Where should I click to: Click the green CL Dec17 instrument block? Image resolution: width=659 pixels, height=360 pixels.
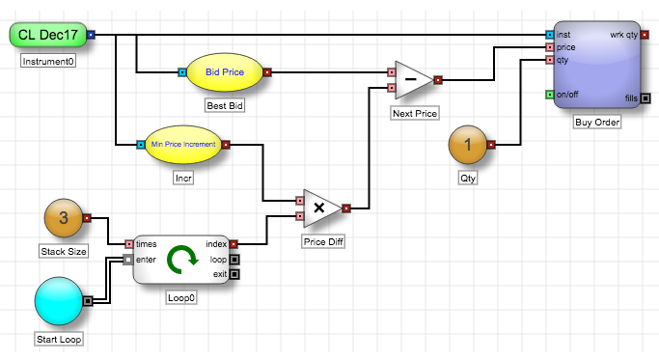(48, 35)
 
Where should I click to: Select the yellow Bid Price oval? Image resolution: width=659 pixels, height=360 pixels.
(225, 72)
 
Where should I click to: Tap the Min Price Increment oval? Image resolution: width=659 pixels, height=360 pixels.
(183, 144)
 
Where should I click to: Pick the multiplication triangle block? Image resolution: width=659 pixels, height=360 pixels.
(322, 208)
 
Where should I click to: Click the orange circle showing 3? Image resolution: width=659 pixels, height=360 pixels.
(64, 218)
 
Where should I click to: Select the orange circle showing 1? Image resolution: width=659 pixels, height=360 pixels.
(468, 145)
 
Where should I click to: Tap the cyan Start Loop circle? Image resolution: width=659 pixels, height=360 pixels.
(59, 301)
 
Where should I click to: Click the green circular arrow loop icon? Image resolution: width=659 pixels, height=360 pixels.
(182, 260)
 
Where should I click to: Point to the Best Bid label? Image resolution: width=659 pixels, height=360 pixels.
(225, 105)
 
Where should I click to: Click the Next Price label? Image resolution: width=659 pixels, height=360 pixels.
(415, 114)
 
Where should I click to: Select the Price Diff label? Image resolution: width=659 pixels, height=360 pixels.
(323, 242)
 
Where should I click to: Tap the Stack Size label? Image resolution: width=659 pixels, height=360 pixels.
(64, 252)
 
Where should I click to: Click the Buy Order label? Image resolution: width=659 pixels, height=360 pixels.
(597, 123)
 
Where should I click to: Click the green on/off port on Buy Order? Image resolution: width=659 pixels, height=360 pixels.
(550, 95)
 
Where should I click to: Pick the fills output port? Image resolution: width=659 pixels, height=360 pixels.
(645, 98)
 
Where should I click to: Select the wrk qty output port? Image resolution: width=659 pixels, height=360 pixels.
(645, 35)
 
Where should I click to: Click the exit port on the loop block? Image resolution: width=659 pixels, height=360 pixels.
(234, 274)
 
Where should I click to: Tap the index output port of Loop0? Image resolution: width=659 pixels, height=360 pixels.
(233, 244)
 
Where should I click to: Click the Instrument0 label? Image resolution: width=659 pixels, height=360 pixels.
(48, 62)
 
